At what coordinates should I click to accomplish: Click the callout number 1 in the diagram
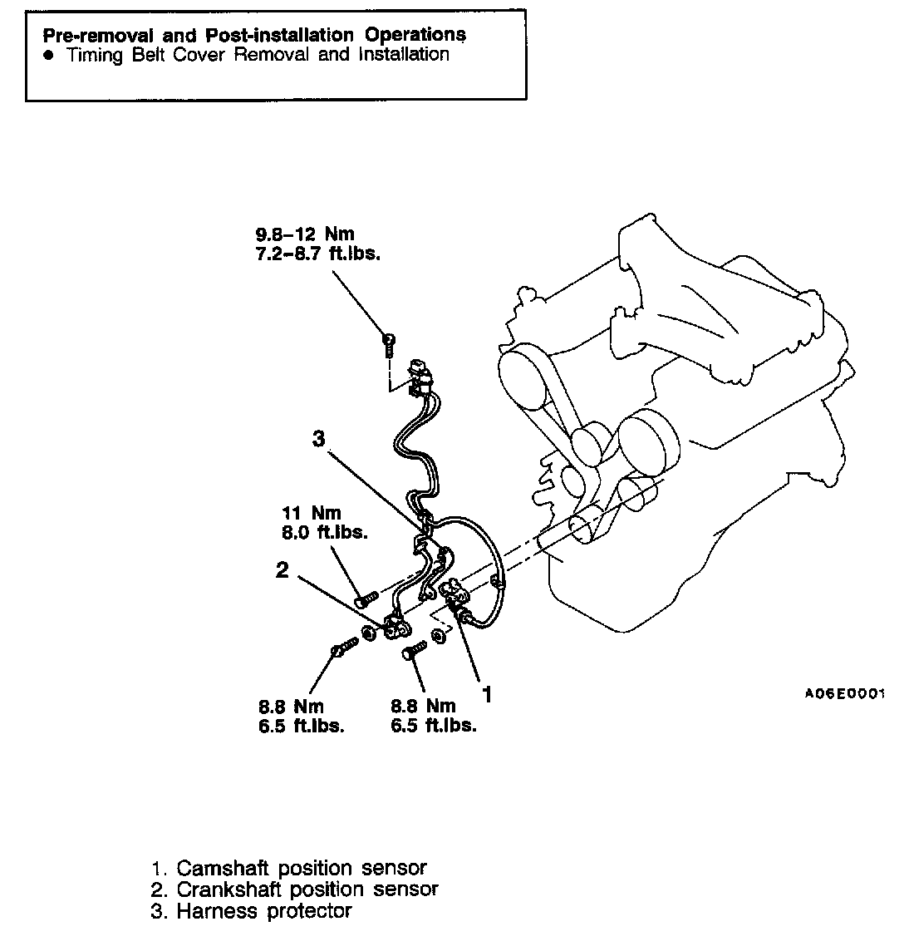tap(488, 693)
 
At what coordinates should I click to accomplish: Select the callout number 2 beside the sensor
tap(282, 570)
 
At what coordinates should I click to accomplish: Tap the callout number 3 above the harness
tap(319, 440)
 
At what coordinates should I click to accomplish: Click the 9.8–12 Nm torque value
tap(305, 234)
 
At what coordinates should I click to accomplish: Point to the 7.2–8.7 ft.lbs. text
tap(318, 254)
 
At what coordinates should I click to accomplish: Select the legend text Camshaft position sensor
tap(302, 869)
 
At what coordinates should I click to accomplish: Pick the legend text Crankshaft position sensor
tap(307, 889)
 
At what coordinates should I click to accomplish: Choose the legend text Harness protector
tap(263, 911)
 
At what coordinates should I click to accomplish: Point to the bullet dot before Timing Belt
tap(49, 56)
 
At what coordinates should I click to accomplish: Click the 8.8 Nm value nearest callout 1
tap(423, 706)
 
